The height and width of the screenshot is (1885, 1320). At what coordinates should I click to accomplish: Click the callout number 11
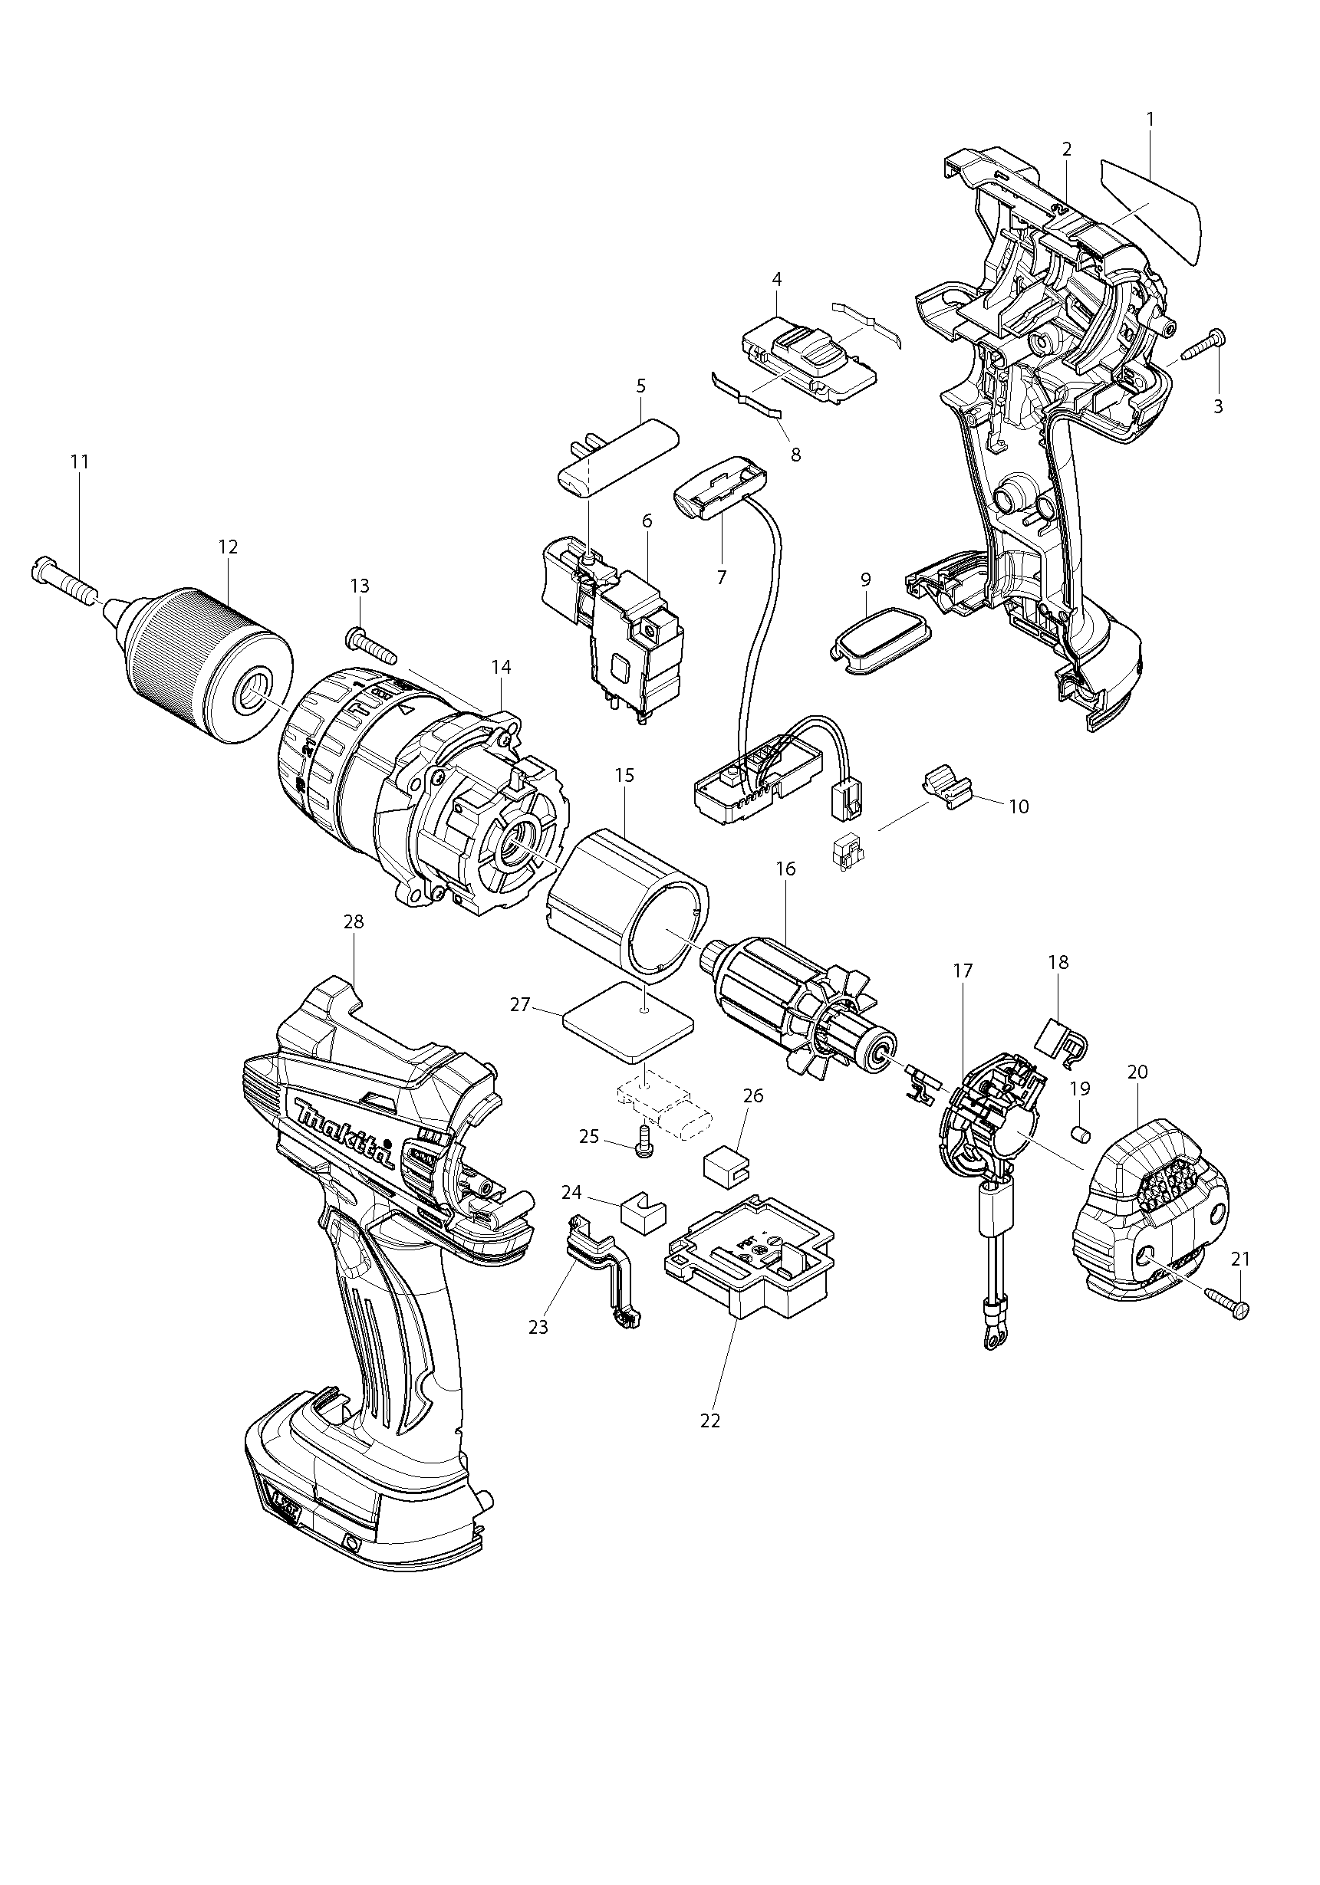point(79,462)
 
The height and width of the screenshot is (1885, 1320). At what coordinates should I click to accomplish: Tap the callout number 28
point(354,922)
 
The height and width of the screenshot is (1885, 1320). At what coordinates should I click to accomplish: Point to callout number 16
point(786,869)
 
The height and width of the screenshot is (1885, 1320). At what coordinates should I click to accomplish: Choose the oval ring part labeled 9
point(877,643)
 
